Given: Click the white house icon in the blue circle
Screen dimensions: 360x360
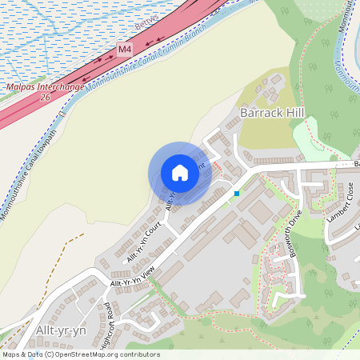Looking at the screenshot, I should tap(180, 173).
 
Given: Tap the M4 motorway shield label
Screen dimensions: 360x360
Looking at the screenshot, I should tap(124, 50).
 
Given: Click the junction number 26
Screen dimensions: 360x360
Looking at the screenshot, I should tap(45, 96).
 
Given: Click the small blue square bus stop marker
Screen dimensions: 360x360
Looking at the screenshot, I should tap(237, 193).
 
